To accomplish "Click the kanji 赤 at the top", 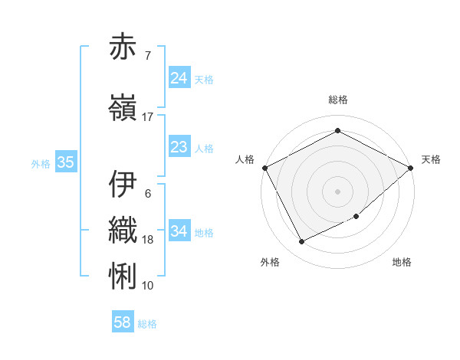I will (x=123, y=47).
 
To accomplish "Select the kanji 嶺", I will (x=123, y=107).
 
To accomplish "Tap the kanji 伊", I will (x=123, y=184).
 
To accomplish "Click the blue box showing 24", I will (x=179, y=78).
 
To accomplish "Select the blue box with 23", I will (x=179, y=147).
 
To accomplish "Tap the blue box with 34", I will (x=179, y=231).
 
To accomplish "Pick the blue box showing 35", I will (x=65, y=162).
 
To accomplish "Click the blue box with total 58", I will (x=123, y=322).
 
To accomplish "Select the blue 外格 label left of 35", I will (x=41, y=163).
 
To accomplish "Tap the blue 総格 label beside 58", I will (x=147, y=324).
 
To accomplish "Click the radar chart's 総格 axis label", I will (x=338, y=100).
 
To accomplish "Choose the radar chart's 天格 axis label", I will (x=431, y=159).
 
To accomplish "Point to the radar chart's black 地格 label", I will (x=402, y=262).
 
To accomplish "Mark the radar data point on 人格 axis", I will (x=264, y=168).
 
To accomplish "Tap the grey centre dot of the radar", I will (x=337, y=191).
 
